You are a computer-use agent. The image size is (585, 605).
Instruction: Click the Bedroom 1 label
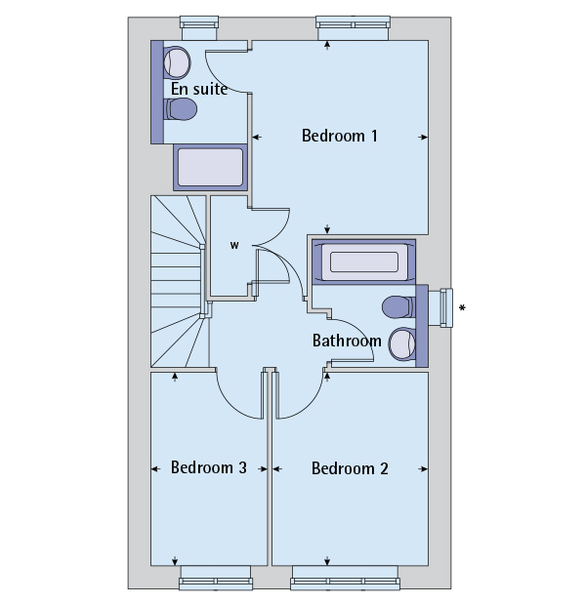[x=340, y=136]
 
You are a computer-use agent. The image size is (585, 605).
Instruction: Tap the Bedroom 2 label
[x=350, y=468]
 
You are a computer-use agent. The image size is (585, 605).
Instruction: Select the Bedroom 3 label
[x=209, y=467]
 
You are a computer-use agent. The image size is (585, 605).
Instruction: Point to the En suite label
[x=199, y=89]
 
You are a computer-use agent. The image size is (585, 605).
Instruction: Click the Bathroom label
[x=347, y=341]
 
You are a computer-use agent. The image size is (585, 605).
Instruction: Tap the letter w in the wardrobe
[x=234, y=245]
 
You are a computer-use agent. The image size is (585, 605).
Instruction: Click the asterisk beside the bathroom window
[x=462, y=307]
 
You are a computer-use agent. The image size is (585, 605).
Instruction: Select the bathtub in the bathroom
[x=363, y=262]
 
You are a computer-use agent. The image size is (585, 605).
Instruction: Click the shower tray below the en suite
[x=210, y=168]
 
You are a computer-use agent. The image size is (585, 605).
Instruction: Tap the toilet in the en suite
[x=181, y=109]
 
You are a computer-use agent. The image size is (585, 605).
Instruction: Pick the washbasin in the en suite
[x=177, y=62]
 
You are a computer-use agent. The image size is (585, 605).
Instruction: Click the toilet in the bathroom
[x=399, y=307]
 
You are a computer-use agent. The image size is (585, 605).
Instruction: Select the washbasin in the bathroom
[x=402, y=344]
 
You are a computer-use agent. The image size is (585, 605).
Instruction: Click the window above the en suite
[x=199, y=28]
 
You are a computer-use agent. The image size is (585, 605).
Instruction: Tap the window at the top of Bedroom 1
[x=353, y=28]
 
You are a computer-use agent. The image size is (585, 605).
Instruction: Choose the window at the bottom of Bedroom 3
[x=216, y=578]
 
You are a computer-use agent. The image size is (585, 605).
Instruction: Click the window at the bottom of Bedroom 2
[x=345, y=578]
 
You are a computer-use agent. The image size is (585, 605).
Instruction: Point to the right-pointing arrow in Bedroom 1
[x=423, y=137]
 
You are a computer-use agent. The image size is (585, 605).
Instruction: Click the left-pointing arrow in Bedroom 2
[x=277, y=469]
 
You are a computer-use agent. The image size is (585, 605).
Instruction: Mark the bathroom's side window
[x=440, y=307]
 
